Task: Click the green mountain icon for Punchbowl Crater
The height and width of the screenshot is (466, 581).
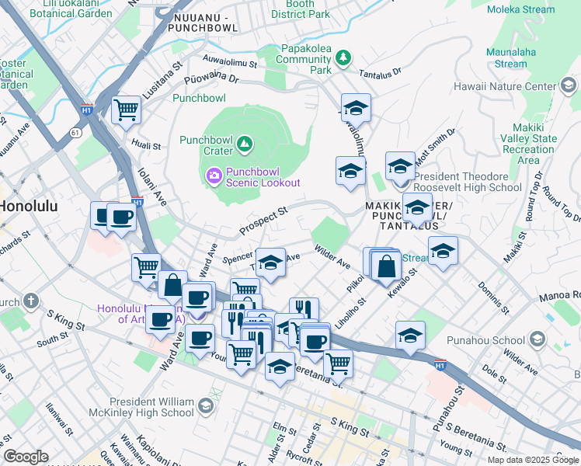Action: pos(245,143)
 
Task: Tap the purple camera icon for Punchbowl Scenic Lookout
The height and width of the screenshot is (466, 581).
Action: pos(213,176)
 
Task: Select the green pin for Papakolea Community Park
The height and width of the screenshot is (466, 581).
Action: pos(343,57)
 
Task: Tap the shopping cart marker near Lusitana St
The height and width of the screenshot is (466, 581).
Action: pos(126,109)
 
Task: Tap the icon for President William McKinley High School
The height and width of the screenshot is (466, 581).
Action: pos(205,405)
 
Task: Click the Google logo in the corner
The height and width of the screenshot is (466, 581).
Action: pos(25,456)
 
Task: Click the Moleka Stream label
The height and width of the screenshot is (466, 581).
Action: pos(520,9)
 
